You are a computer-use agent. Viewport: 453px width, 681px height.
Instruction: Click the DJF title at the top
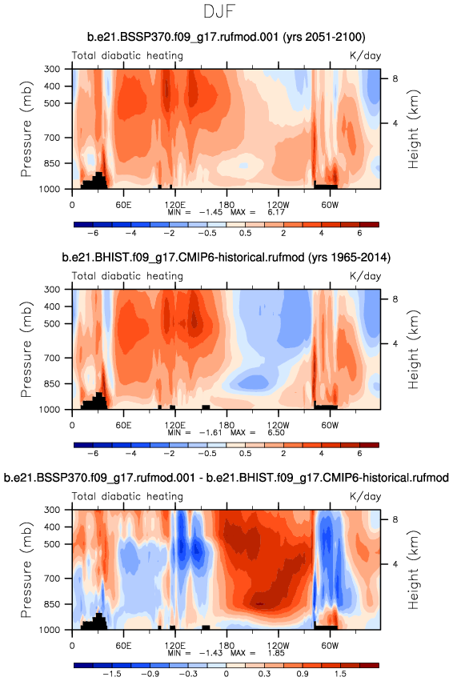pyautogui.click(x=219, y=11)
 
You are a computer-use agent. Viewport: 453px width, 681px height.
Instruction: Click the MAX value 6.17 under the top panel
pyautogui.click(x=276, y=212)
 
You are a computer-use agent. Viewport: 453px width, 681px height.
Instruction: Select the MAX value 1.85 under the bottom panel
pyautogui.click(x=276, y=653)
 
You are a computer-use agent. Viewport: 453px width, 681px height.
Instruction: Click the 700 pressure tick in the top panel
pyautogui.click(x=53, y=138)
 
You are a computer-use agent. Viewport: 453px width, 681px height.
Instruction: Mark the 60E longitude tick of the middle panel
pyautogui.click(x=123, y=425)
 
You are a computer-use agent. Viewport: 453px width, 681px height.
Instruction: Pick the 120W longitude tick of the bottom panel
pyautogui.click(x=278, y=645)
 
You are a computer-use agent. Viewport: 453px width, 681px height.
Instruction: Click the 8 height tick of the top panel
pyautogui.click(x=395, y=79)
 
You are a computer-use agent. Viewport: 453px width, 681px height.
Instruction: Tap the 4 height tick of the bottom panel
pyautogui.click(x=395, y=564)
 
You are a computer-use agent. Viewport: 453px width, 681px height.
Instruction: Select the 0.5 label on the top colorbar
pyautogui.click(x=245, y=233)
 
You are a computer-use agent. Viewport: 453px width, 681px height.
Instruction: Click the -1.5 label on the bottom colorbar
pyautogui.click(x=111, y=674)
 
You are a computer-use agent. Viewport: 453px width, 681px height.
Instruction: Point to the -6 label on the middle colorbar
pyautogui.click(x=93, y=454)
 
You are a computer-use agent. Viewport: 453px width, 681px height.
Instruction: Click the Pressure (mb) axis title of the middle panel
pyautogui.click(x=26, y=349)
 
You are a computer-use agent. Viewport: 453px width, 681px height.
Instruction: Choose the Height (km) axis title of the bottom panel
pyautogui.click(x=413, y=570)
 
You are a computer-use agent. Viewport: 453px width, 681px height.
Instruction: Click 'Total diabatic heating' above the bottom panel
pyautogui.click(x=127, y=496)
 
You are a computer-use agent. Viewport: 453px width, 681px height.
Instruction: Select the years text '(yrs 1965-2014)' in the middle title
pyautogui.click(x=349, y=258)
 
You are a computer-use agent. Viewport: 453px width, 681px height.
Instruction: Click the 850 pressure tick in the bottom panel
pyautogui.click(x=53, y=604)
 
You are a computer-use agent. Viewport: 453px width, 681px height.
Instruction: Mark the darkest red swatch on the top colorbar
pyautogui.click(x=369, y=225)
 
